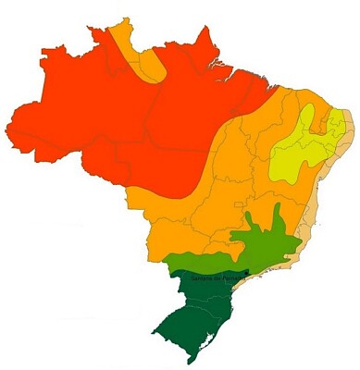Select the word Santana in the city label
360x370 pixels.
pyautogui.click(x=200, y=278)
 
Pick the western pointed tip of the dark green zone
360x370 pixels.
pyautogui.click(x=154, y=327)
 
